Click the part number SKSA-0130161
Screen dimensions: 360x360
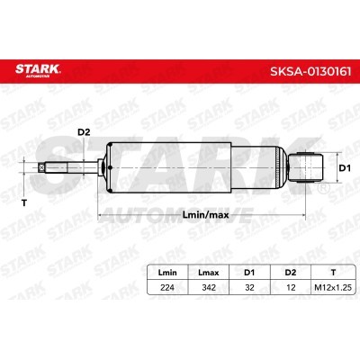click(310, 72)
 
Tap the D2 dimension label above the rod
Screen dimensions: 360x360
click(84, 132)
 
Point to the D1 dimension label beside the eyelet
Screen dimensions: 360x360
click(345, 168)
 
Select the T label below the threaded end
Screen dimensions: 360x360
click(24, 203)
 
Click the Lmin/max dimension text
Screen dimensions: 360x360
click(205, 215)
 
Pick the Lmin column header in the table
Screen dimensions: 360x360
click(167, 273)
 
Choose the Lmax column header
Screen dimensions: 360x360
click(209, 273)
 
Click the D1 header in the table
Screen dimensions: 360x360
click(249, 273)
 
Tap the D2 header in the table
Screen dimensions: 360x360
click(291, 273)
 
